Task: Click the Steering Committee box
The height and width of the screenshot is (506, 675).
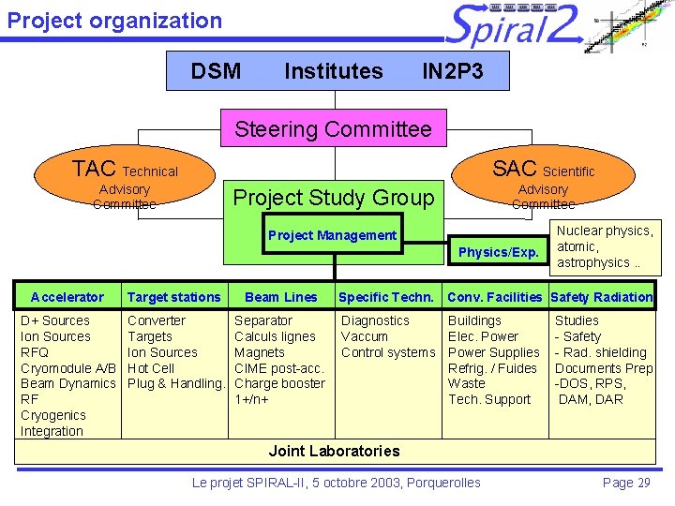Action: (333, 129)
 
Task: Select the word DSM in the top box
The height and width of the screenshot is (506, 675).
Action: (216, 71)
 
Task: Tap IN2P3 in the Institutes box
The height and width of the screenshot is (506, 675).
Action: (453, 71)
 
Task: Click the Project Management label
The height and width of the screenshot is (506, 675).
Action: (332, 235)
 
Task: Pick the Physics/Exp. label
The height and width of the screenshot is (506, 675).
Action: (498, 252)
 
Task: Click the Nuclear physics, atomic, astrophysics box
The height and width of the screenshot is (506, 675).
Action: (605, 246)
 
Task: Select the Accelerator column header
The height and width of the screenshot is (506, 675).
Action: (67, 297)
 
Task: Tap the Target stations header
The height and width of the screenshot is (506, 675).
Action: (174, 297)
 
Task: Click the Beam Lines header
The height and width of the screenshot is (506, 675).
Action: (280, 297)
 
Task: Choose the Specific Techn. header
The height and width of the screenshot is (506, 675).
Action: (386, 297)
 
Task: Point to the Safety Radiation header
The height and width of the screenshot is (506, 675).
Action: (601, 297)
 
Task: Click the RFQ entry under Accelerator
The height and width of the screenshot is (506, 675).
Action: (34, 352)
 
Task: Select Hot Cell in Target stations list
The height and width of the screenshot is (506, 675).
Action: (151, 368)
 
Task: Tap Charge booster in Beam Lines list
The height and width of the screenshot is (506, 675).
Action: (279, 383)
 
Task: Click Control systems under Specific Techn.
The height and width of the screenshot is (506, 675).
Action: (388, 352)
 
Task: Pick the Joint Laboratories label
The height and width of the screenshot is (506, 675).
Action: (334, 451)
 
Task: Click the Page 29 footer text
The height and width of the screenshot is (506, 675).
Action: (627, 483)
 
